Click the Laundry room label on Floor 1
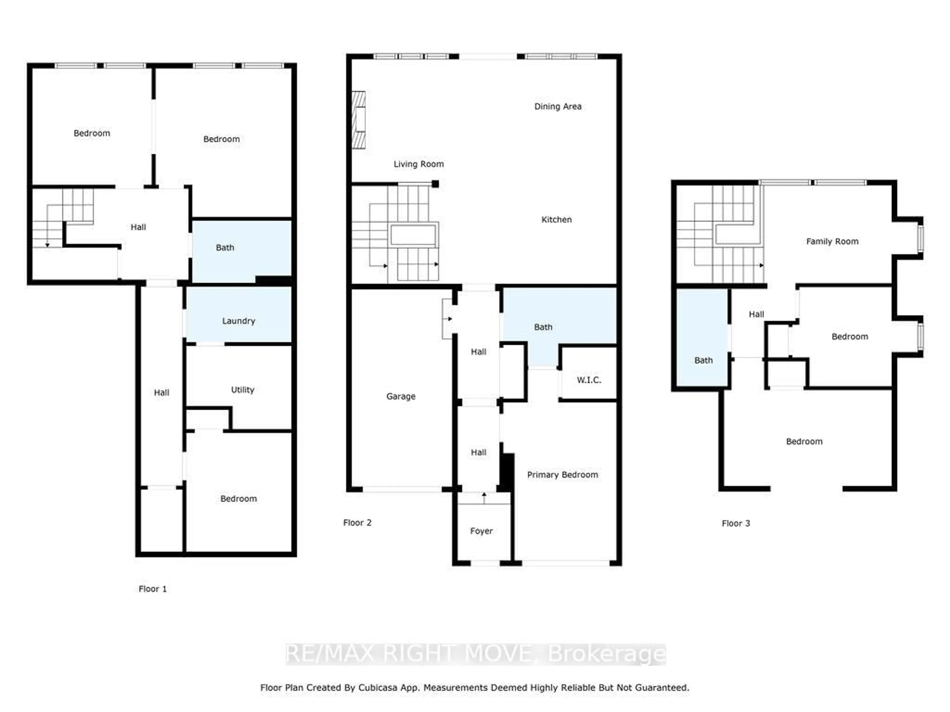coord(238,321)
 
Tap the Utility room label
coord(243,390)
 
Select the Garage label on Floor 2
coord(401,396)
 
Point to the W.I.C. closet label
coord(589,380)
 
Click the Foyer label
coord(481,531)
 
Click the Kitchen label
coord(556,219)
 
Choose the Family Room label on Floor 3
coord(832,241)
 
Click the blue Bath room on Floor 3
coord(703,343)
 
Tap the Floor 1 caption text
coord(152,589)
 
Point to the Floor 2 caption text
coord(357,522)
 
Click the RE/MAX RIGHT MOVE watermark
coord(475,654)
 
